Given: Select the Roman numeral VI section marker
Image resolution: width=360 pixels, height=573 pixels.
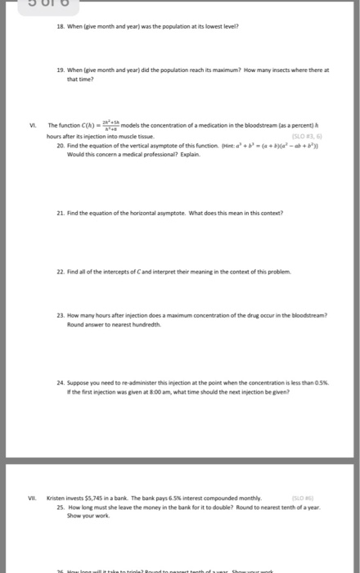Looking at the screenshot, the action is click(x=30, y=124).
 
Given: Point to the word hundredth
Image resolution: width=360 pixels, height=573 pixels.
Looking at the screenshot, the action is click(x=161, y=323).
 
